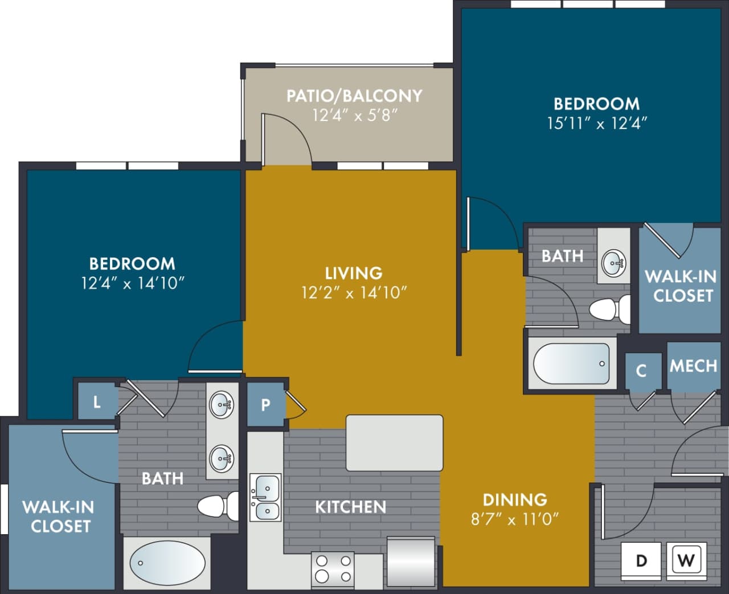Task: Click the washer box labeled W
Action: (x=686, y=560)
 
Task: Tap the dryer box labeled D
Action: (x=642, y=560)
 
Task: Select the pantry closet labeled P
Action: (x=265, y=405)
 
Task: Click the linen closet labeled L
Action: (x=97, y=402)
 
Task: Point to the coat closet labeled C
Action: (x=641, y=371)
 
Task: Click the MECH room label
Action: (x=693, y=365)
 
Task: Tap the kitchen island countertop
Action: (x=394, y=442)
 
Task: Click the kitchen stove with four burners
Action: (x=333, y=568)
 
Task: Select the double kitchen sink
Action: (x=265, y=497)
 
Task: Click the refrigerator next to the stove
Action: (x=411, y=562)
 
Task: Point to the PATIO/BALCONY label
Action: (x=354, y=95)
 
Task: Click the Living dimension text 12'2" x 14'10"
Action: (x=354, y=292)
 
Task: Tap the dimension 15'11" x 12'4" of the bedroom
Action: (x=597, y=123)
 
